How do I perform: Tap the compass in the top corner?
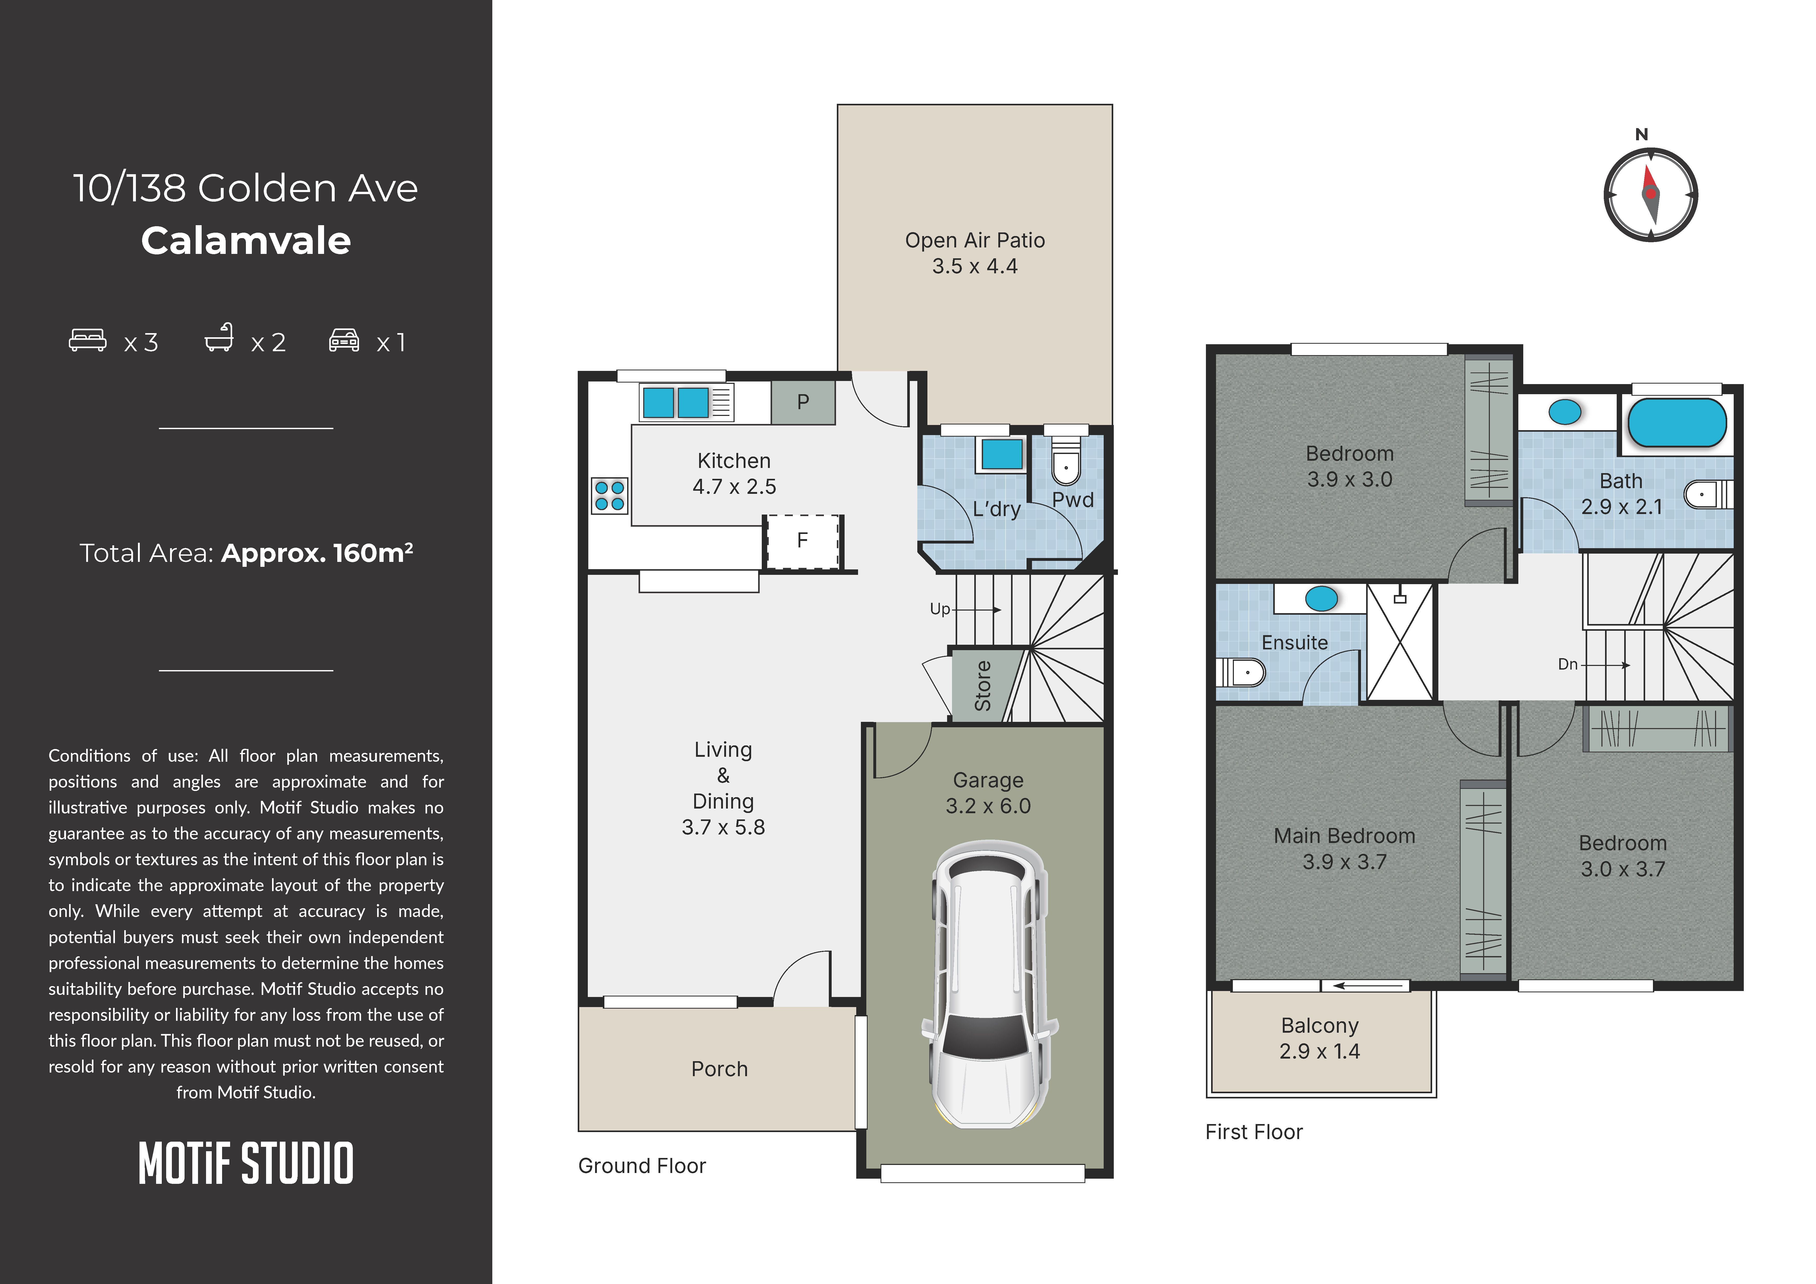[x=1651, y=194]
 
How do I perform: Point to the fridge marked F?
[x=802, y=541]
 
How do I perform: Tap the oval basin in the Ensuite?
[x=1321, y=599]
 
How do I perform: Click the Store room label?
[x=982, y=686]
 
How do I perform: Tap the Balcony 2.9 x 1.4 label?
[x=1319, y=1038]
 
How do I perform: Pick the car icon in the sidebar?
[x=344, y=340]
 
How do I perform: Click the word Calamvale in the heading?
[x=246, y=240]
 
